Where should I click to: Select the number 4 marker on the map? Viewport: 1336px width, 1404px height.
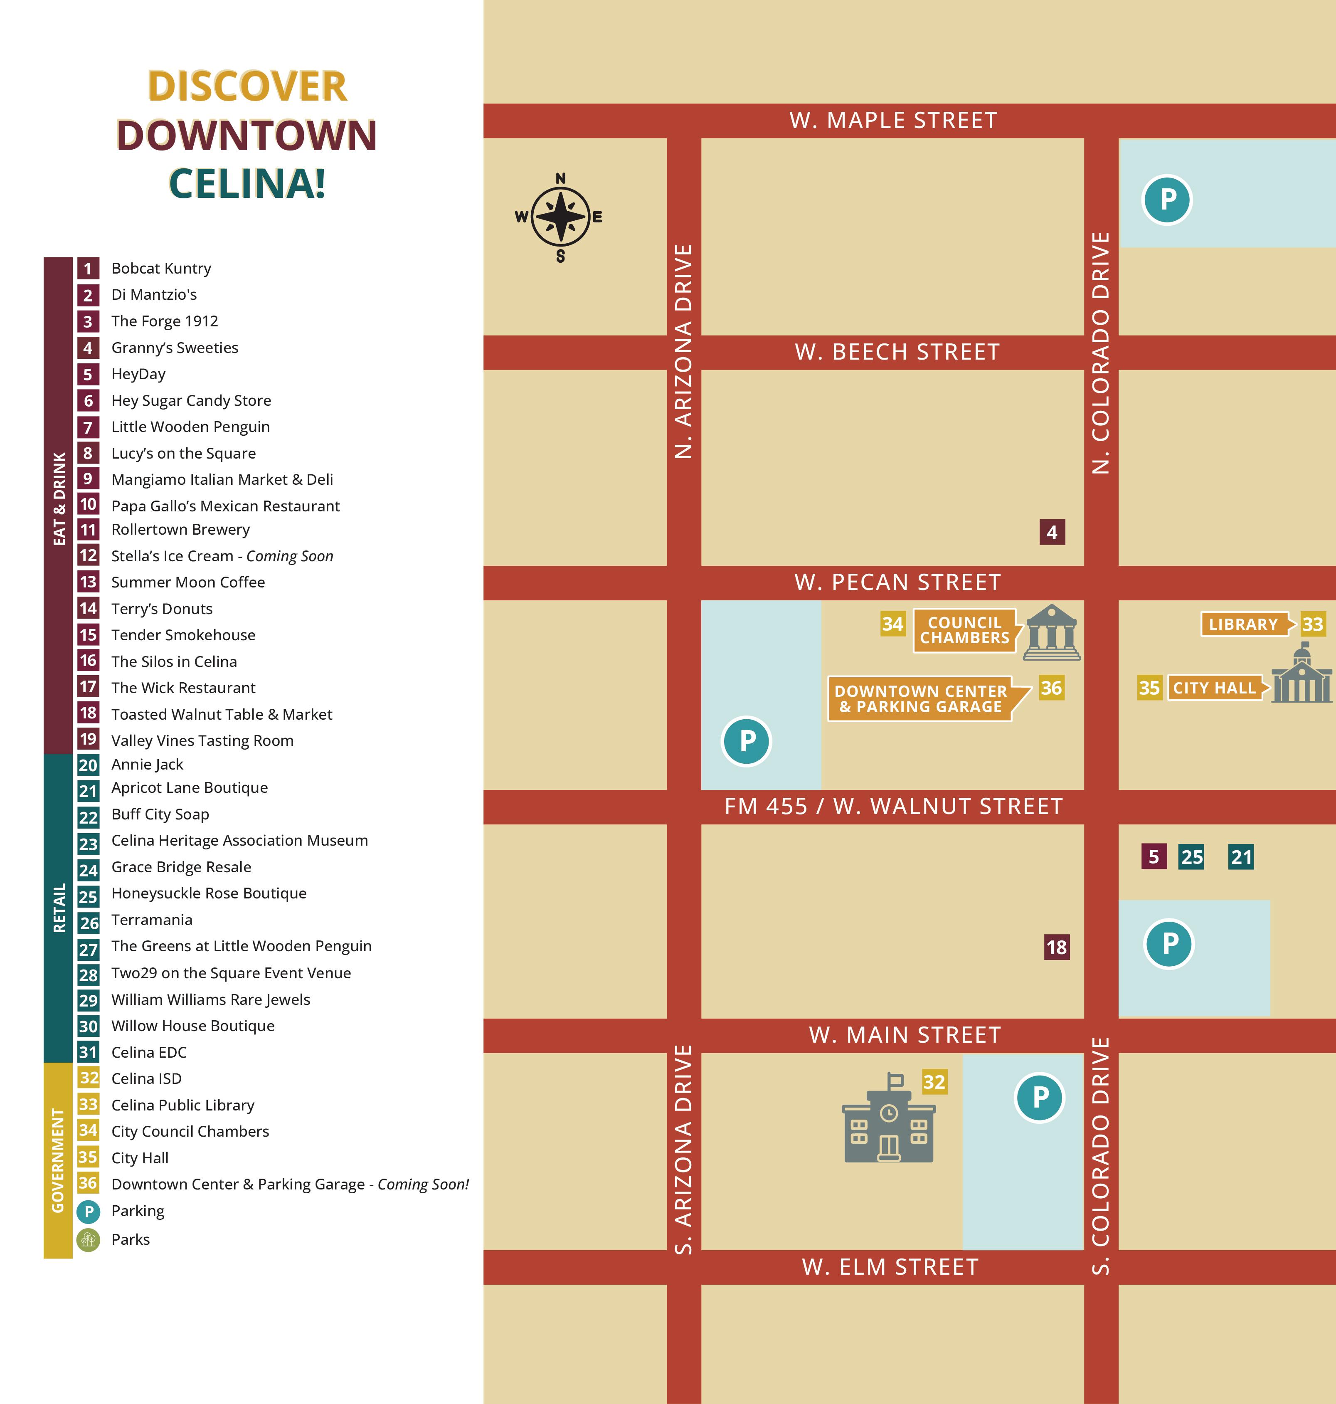pyautogui.click(x=1052, y=532)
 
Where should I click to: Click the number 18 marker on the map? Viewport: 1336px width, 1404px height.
pyautogui.click(x=1056, y=947)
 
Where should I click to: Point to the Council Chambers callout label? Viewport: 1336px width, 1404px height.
pyautogui.click(x=964, y=630)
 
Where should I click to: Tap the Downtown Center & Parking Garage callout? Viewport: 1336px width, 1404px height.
pyautogui.click(x=921, y=699)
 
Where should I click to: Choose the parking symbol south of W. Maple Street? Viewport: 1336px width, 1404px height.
pyautogui.click(x=1167, y=200)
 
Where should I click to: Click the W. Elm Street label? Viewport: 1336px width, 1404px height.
pyautogui.click(x=890, y=1266)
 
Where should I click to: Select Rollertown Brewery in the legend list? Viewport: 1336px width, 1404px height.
pyautogui.click(x=180, y=529)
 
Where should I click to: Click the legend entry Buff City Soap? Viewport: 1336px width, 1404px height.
pyautogui.click(x=160, y=814)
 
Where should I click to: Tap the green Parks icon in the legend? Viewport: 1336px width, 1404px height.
pyautogui.click(x=88, y=1239)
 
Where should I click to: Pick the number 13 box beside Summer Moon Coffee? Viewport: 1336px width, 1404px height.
pyautogui.click(x=88, y=582)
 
